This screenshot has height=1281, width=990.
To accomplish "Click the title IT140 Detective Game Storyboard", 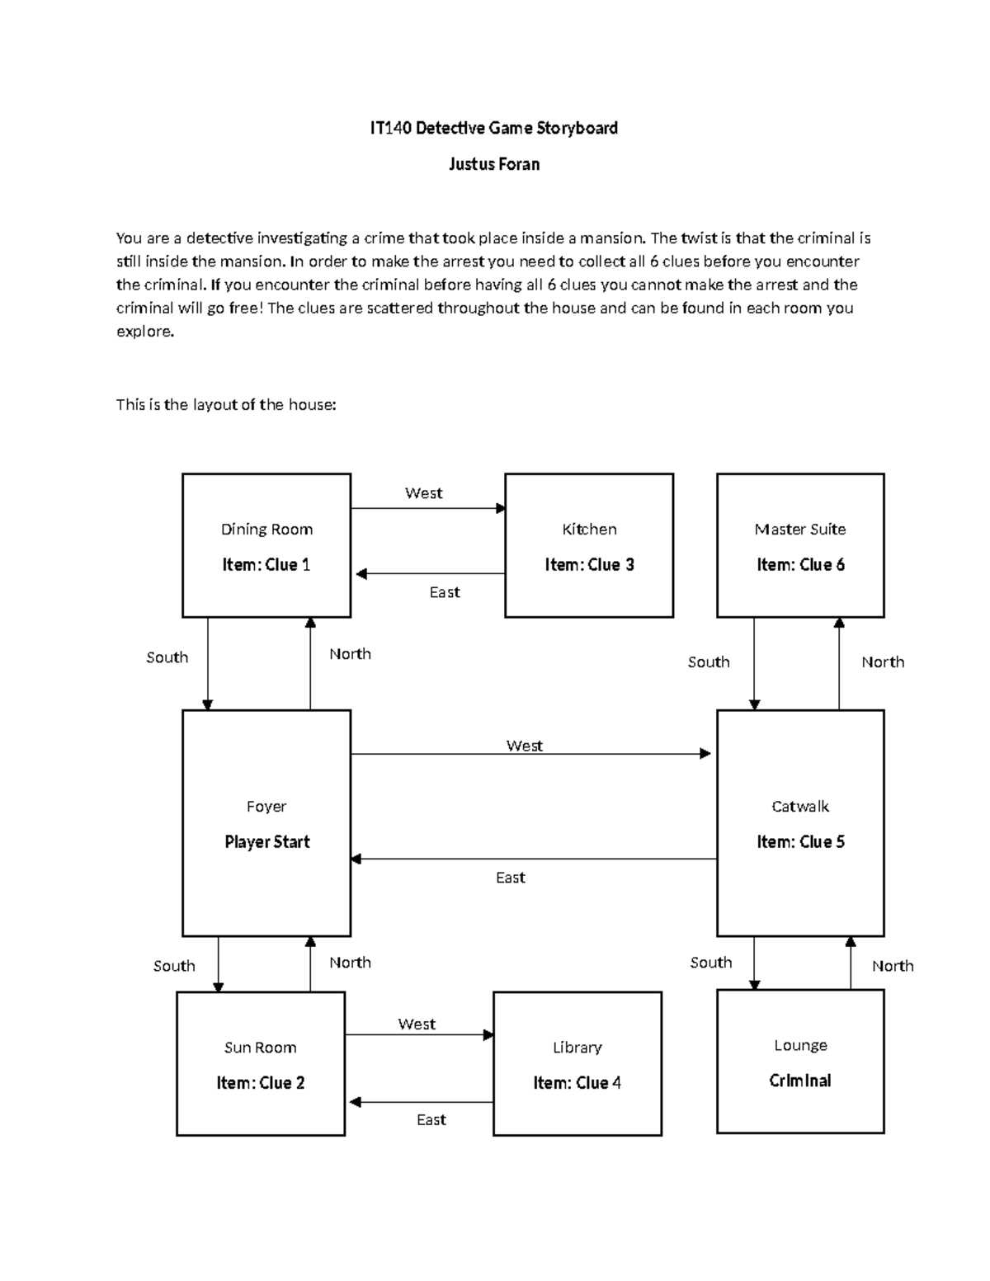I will [x=493, y=128].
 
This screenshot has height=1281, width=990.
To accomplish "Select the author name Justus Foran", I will [x=493, y=164].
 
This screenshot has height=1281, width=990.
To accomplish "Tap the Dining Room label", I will [x=266, y=530].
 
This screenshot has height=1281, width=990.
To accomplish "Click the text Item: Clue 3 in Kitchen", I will [x=589, y=565].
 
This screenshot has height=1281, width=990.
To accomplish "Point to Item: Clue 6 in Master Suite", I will [x=800, y=565].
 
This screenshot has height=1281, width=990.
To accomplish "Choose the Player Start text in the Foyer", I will [x=266, y=842].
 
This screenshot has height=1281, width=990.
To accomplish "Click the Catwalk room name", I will [x=800, y=807].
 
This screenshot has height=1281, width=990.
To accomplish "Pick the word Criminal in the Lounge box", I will [x=800, y=1081].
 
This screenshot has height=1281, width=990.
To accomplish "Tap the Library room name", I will [x=577, y=1048].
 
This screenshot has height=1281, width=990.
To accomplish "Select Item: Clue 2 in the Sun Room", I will [x=260, y=1083].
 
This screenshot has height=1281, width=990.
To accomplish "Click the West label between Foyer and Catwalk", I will [x=524, y=746].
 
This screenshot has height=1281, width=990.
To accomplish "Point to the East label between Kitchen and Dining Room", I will [x=445, y=592].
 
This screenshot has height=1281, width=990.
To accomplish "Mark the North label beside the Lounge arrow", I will [x=893, y=966].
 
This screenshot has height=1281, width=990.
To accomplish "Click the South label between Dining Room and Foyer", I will [x=167, y=657].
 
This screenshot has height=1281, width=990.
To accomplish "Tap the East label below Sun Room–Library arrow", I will [x=431, y=1119].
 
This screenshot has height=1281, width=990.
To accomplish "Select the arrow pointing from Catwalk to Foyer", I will [x=533, y=859].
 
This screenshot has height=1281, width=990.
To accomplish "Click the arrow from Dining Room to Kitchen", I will [x=427, y=508].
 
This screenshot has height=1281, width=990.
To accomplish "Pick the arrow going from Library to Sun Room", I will [x=420, y=1102].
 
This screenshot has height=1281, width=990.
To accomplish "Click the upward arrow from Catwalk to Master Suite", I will [x=839, y=663].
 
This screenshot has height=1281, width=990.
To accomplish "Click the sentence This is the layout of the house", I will [x=226, y=405].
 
